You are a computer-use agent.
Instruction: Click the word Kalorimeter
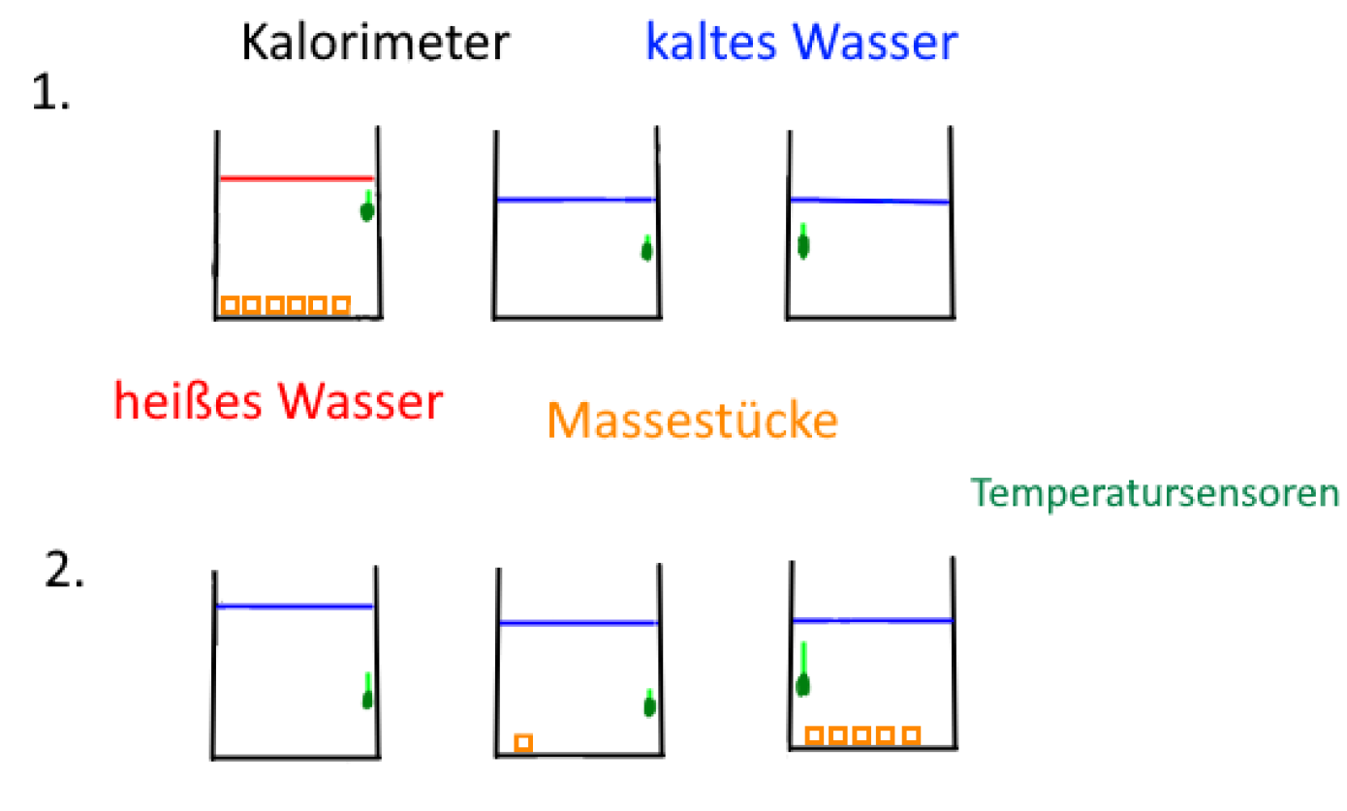coord(374,44)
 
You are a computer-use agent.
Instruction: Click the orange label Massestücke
coord(692,421)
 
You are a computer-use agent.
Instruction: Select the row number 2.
coord(64,572)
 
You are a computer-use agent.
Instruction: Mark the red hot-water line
coord(296,178)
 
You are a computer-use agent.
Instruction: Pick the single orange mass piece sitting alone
coord(523,742)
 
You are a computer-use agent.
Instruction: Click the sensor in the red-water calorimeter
coord(367,208)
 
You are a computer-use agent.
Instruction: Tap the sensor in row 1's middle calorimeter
coord(646,250)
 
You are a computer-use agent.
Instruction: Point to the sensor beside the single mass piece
coord(649,704)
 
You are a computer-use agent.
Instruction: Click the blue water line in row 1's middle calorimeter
coord(576,201)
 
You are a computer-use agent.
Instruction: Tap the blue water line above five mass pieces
coord(872,620)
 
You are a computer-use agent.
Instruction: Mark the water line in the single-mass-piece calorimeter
coord(579,623)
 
